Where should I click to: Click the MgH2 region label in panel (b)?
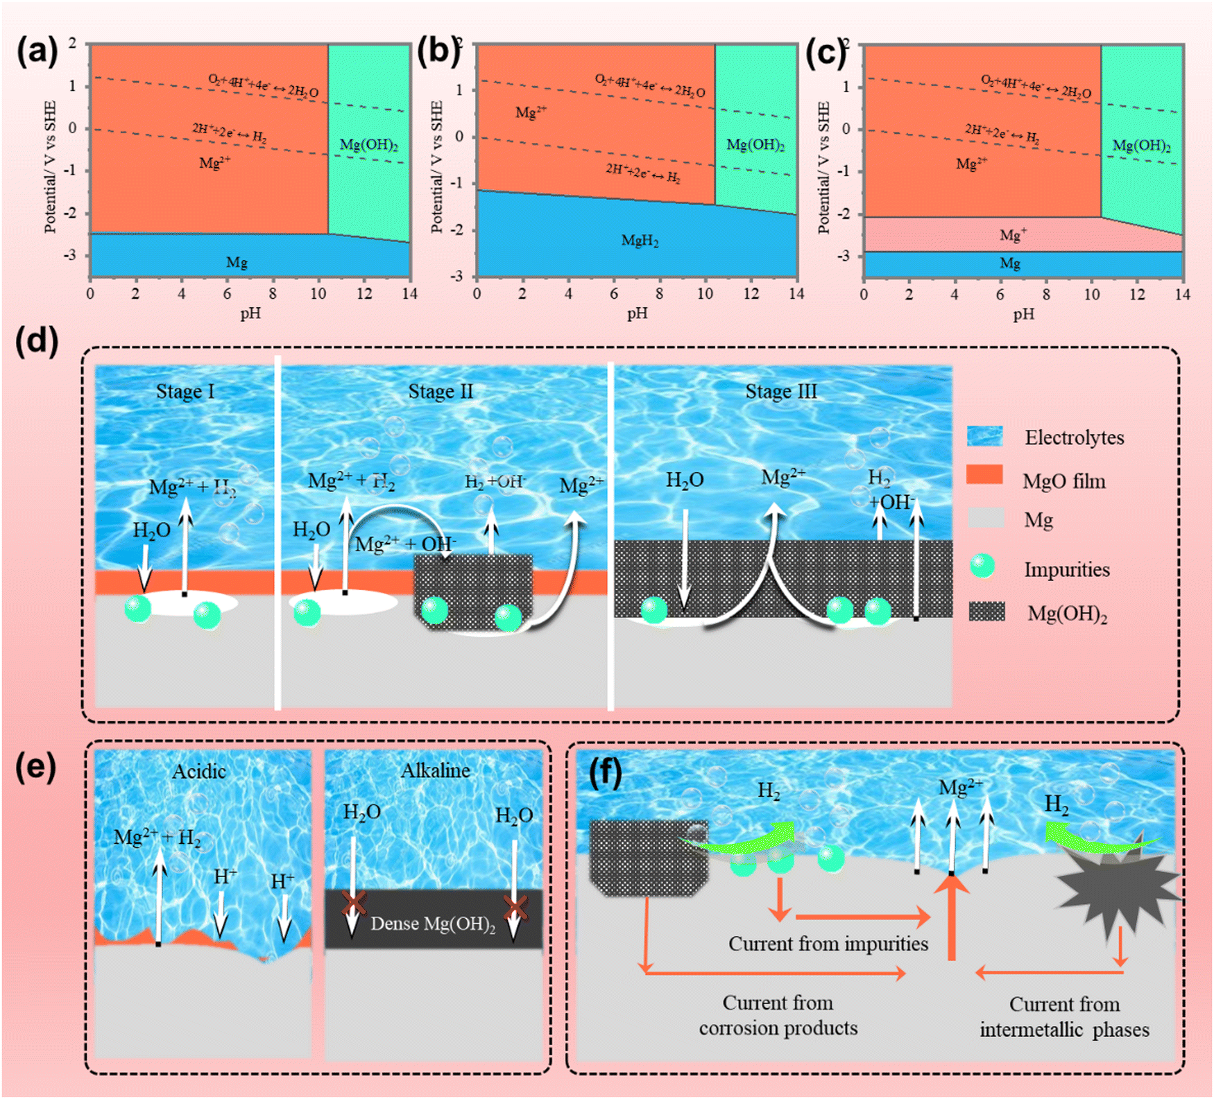coord(640,241)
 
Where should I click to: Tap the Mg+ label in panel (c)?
coord(1013,235)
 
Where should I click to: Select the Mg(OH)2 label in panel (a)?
coord(368,145)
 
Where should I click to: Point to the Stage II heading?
coord(441,391)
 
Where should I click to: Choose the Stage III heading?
coord(781,391)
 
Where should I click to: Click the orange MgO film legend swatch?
coord(984,474)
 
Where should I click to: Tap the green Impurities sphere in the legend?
coord(982,566)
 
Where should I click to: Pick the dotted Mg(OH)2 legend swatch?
coord(986,611)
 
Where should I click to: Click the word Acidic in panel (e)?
coord(199,771)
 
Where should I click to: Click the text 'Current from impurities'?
coord(828,944)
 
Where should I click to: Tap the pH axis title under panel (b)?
coord(637,313)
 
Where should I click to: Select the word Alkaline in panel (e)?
coord(436,770)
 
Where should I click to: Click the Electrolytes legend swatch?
coord(985,435)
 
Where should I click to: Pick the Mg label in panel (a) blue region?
coord(237,262)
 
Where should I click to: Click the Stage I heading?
coord(185,391)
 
